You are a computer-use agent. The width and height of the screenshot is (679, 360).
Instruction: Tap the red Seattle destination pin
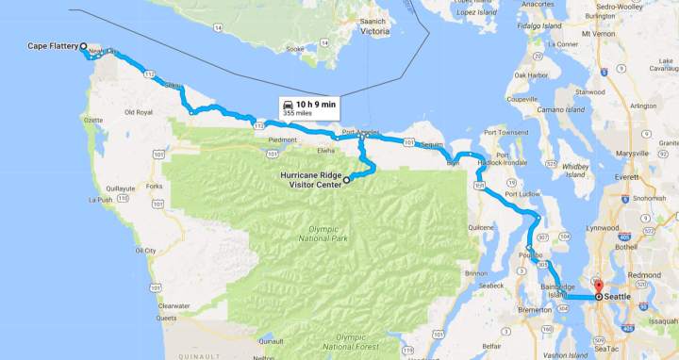[597, 285]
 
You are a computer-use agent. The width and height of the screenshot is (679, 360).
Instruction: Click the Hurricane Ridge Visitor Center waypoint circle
[346, 179]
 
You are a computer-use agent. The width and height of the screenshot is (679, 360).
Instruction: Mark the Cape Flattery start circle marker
[83, 46]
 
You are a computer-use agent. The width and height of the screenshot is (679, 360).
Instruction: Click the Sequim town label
[433, 146]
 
